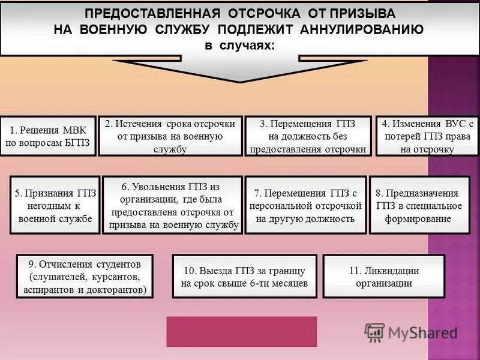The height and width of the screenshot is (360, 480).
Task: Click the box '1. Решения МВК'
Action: (x=48, y=136)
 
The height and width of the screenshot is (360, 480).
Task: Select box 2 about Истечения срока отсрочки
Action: (x=170, y=136)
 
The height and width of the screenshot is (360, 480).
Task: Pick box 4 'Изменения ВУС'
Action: (x=427, y=136)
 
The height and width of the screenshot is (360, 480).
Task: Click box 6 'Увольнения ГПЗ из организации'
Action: (x=172, y=205)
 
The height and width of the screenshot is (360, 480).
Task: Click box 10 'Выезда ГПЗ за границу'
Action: (x=244, y=277)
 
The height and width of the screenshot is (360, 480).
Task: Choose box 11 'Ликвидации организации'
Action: (x=384, y=277)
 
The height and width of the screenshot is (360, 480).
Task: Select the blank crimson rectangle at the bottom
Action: (x=241, y=331)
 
